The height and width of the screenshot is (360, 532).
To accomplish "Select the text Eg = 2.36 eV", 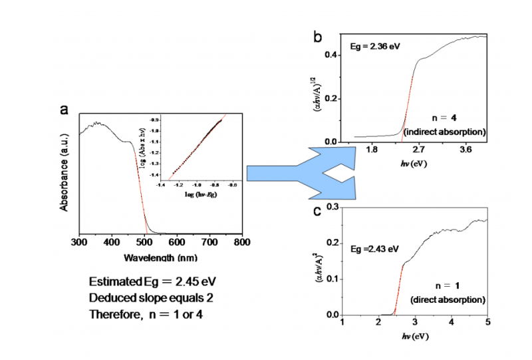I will tap(375, 47).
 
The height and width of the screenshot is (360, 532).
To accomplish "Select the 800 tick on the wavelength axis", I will tap(242, 242).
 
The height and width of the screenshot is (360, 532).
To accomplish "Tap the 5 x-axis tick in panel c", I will tap(487, 323).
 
